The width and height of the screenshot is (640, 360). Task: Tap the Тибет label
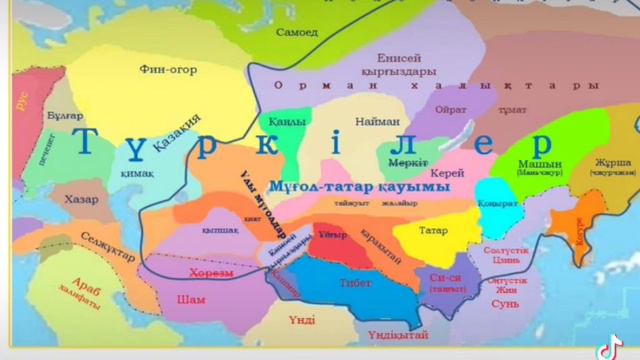click(x=355, y=283)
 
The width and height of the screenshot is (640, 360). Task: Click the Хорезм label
click(x=210, y=272)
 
